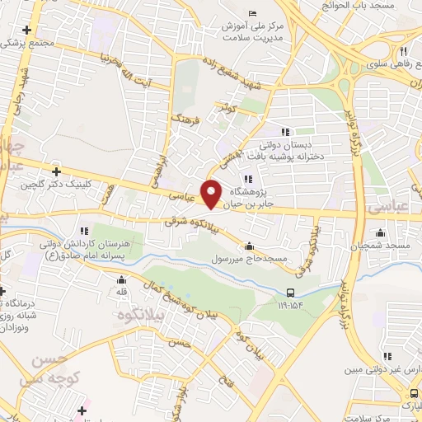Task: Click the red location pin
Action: (212, 193)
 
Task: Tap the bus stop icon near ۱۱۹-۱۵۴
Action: (290, 293)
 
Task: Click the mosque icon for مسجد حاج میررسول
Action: (250, 246)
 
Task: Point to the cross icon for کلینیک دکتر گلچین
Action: (56, 171)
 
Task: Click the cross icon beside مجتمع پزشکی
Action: (28, 30)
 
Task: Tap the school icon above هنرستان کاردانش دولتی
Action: (83, 231)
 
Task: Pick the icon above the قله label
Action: (121, 279)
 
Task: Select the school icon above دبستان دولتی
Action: (285, 131)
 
